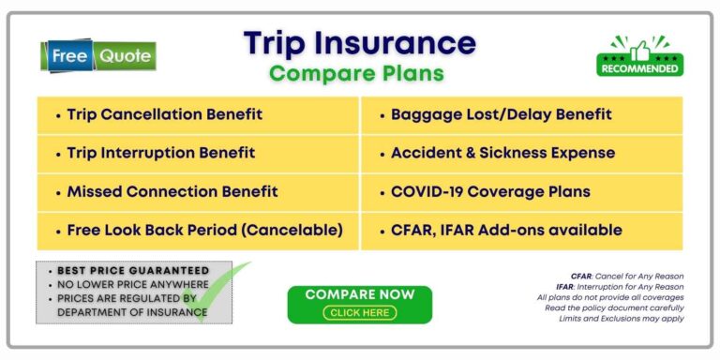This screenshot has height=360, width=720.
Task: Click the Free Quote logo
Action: [98, 56]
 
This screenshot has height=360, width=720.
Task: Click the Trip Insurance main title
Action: [359, 43]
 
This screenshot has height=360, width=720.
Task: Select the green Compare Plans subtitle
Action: [356, 72]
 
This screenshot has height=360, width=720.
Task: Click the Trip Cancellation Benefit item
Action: [164, 114]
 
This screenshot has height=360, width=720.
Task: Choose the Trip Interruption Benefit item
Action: [160, 153]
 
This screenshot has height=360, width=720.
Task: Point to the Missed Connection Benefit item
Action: [172, 191]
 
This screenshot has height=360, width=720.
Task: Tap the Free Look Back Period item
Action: [204, 230]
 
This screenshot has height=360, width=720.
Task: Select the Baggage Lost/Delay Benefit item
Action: [501, 114]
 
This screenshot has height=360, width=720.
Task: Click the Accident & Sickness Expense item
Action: [502, 153]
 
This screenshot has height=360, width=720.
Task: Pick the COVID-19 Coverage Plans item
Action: [490, 191]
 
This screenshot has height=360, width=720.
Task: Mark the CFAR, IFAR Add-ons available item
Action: [506, 230]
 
